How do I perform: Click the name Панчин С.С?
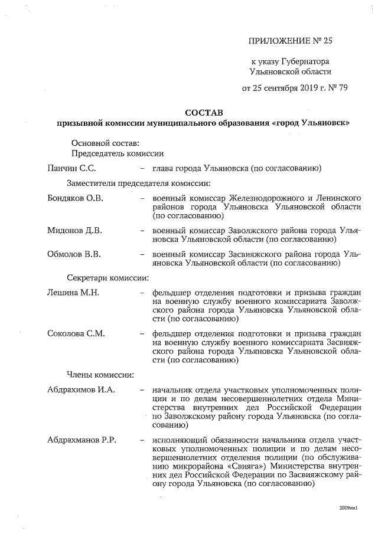tap(71, 169)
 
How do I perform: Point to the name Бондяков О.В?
tap(75, 198)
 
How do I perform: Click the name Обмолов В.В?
tap(74, 254)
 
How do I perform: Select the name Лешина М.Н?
tap(73, 292)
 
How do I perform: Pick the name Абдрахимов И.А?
tap(81, 390)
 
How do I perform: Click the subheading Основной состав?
tap(106, 143)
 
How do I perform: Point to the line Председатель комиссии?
tap(117, 154)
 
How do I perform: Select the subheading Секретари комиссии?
tap(107, 277)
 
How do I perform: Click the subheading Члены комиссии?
tap(100, 375)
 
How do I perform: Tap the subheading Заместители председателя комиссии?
tap(139, 184)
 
